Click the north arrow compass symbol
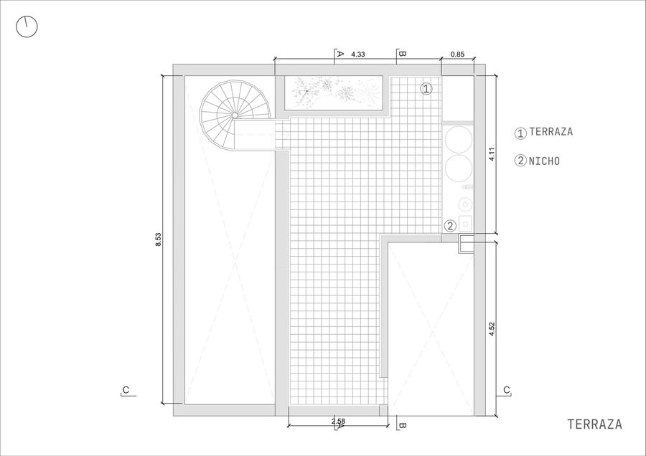(x=27, y=27)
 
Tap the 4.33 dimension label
(x=357, y=54)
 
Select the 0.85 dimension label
(x=457, y=54)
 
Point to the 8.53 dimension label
(x=158, y=239)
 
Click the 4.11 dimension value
(x=492, y=154)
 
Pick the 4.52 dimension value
(x=492, y=329)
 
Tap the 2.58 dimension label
(x=338, y=421)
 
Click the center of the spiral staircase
(x=235, y=115)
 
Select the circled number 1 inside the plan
(x=426, y=88)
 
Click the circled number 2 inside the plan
(x=450, y=226)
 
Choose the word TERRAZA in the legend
(x=551, y=132)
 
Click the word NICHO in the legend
(x=544, y=161)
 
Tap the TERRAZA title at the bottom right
(x=594, y=424)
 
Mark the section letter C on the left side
(x=126, y=390)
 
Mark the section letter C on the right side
(x=506, y=390)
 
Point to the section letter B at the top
(x=403, y=54)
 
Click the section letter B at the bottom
(x=403, y=426)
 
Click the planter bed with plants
(x=334, y=93)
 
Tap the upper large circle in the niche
(x=458, y=138)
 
